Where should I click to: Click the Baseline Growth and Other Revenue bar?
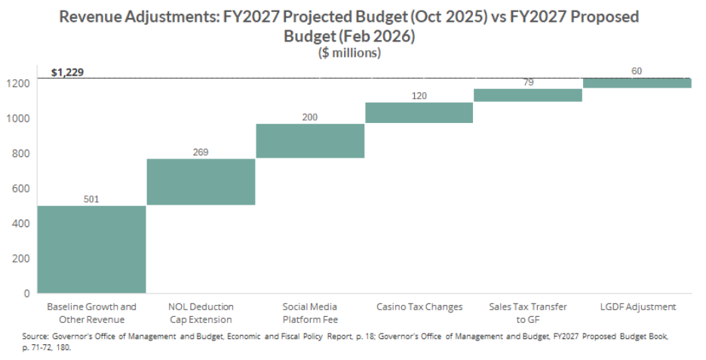pyautogui.click(x=91, y=248)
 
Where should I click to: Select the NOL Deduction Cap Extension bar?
pyautogui.click(x=201, y=181)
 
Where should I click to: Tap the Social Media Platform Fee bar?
pyautogui.click(x=310, y=140)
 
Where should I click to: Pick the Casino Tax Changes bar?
pyautogui.click(x=419, y=112)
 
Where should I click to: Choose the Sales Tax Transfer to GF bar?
pyautogui.click(x=528, y=94)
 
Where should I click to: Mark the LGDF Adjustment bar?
pyautogui.click(x=637, y=82)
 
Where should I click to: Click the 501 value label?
pyautogui.click(x=91, y=199)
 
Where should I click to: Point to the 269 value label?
pyautogui.click(x=201, y=152)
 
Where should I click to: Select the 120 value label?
pyautogui.click(x=419, y=96)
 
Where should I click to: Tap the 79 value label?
pyautogui.click(x=528, y=82)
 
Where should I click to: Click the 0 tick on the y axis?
pyautogui.click(x=26, y=293)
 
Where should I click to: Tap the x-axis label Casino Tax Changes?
pyautogui.click(x=419, y=307)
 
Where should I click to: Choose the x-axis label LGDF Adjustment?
pyautogui.click(x=637, y=307)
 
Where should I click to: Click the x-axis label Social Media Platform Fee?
pyautogui.click(x=310, y=313)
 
